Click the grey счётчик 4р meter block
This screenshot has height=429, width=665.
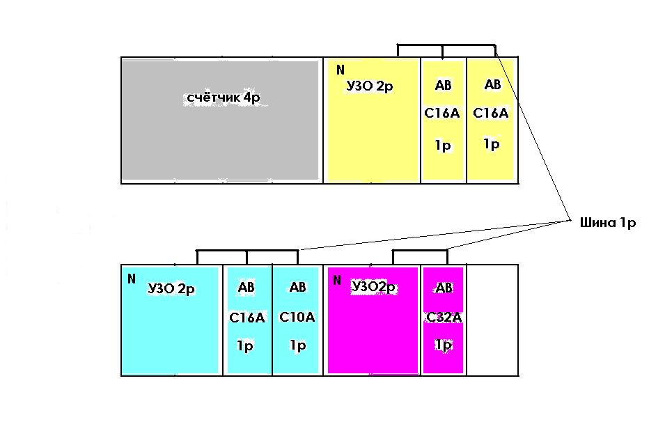(x=221, y=120)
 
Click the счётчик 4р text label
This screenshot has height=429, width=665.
(x=224, y=97)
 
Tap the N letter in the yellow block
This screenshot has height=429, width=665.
(x=340, y=70)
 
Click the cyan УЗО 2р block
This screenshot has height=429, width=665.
(x=170, y=320)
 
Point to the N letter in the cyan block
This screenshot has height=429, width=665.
(x=132, y=279)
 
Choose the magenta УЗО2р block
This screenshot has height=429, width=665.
(x=373, y=320)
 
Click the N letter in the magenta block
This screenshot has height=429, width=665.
(x=337, y=280)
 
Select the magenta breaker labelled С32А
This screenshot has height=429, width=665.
(x=443, y=320)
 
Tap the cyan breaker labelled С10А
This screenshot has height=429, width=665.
(x=296, y=320)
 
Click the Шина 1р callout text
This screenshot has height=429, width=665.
(x=608, y=223)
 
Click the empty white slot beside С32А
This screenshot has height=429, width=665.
(x=492, y=320)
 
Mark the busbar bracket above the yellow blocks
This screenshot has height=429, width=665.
(x=446, y=45)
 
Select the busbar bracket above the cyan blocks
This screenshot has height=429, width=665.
(x=247, y=251)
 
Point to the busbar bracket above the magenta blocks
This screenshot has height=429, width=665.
(x=420, y=251)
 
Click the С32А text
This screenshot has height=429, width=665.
(x=444, y=318)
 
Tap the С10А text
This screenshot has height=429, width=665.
(x=297, y=317)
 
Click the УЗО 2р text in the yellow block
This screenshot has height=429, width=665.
(x=370, y=86)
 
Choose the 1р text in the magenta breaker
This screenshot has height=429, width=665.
(x=444, y=345)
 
